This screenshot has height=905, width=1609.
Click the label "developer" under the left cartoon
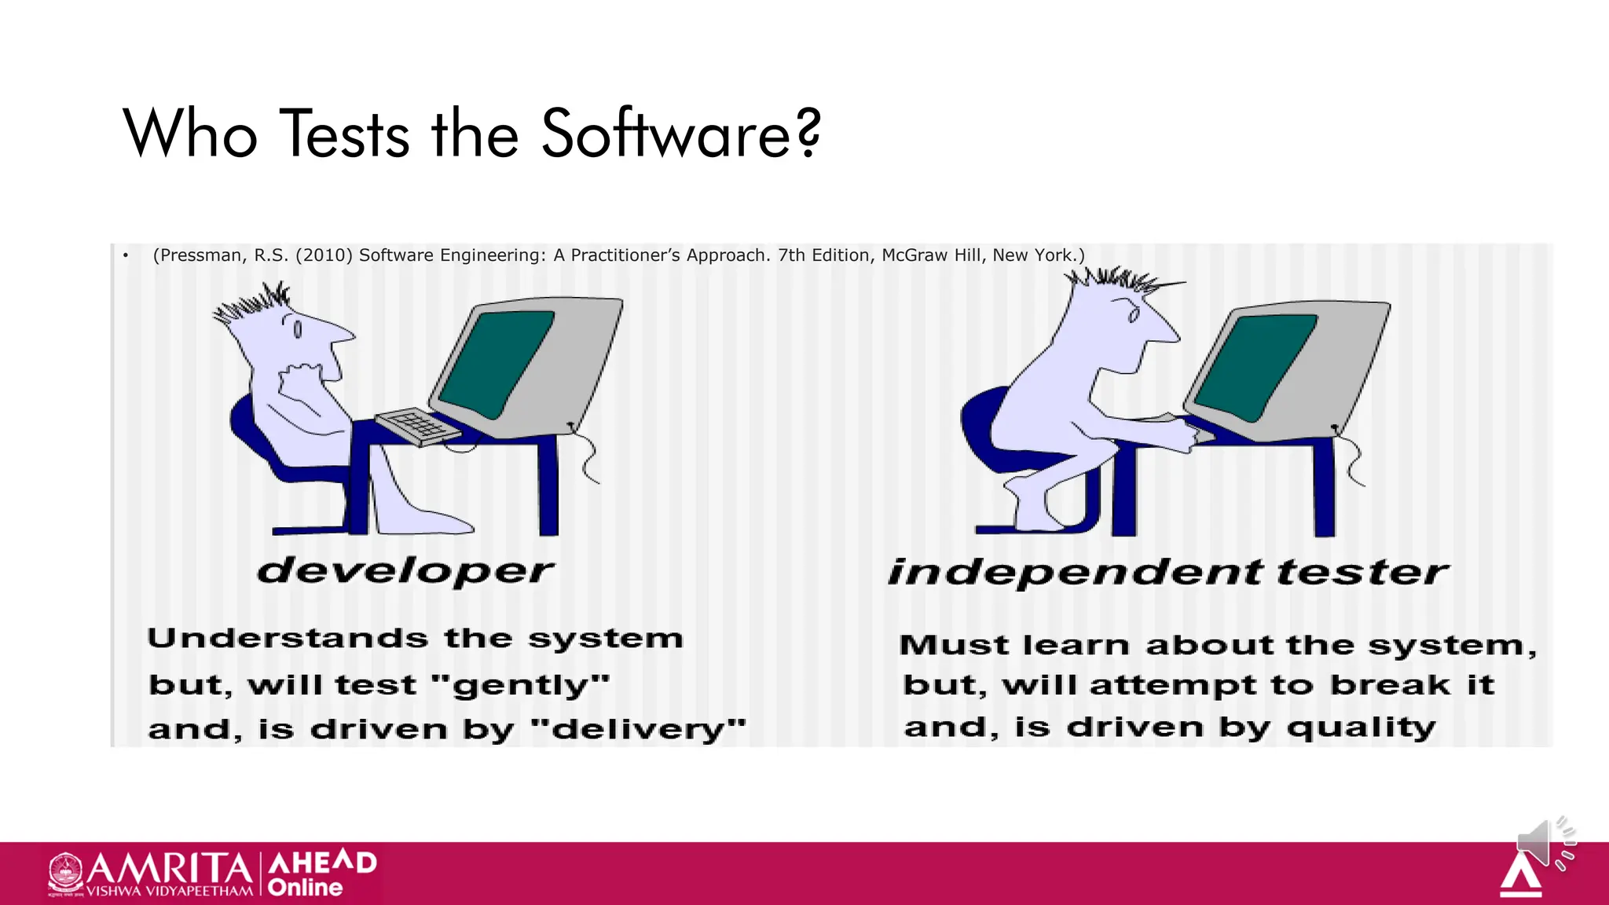tap(405, 571)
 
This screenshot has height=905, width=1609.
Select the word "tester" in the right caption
tap(1362, 572)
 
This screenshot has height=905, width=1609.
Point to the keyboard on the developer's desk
tap(417, 426)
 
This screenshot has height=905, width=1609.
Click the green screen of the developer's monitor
tap(497, 363)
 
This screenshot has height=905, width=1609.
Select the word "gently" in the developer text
tap(521, 686)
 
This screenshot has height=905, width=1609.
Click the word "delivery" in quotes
tap(638, 730)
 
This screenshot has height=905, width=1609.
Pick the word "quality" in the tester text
tap(1361, 728)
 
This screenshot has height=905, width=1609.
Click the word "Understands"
tap(288, 638)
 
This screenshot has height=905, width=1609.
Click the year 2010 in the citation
tap(324, 255)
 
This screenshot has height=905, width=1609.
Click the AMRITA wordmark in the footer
tap(169, 868)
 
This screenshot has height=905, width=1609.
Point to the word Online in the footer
tap(305, 888)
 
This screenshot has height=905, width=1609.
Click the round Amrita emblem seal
tap(65, 872)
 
